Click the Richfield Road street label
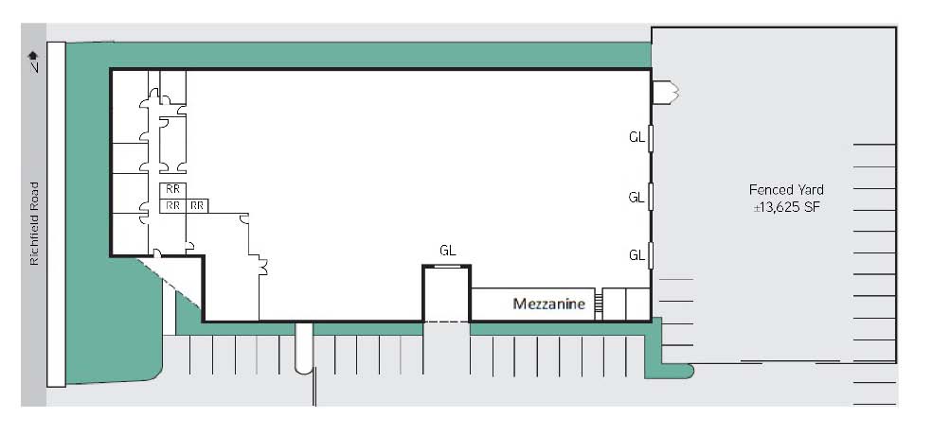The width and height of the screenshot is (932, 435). tap(34, 224)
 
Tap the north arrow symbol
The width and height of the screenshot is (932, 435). tap(33, 61)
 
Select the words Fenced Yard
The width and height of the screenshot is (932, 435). tap(786, 190)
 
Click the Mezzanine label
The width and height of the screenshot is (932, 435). tap(548, 304)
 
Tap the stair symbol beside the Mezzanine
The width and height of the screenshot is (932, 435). tap(599, 304)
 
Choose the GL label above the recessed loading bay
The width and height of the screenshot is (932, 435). tap(448, 251)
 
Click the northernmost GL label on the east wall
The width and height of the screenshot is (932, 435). tap(636, 137)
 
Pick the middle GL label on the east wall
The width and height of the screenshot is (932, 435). tap(636, 197)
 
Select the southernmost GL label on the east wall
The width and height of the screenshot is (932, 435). tap(636, 255)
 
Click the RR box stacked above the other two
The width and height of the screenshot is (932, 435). tap(173, 190)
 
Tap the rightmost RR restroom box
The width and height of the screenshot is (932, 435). tap(197, 205)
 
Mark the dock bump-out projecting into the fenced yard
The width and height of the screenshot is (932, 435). tap(665, 94)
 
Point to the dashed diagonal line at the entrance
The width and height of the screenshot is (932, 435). tap(170, 283)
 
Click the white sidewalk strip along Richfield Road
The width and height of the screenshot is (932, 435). tap(56, 215)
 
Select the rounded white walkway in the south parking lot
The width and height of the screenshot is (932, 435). tap(304, 348)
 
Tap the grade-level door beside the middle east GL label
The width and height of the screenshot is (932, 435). tap(651, 197)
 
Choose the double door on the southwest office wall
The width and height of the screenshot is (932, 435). tap(262, 266)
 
